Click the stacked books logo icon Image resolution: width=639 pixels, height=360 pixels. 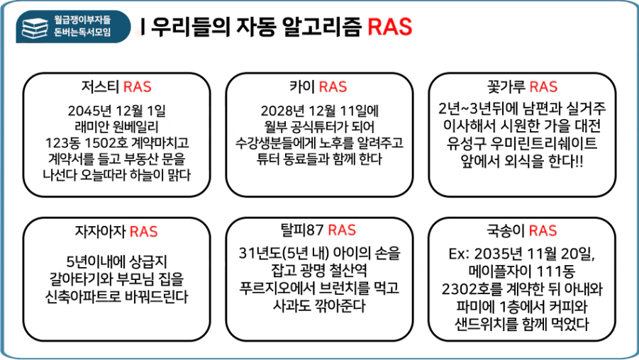[35, 28]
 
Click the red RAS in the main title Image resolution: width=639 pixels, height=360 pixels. [390, 27]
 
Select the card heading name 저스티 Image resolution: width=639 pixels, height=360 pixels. [100, 86]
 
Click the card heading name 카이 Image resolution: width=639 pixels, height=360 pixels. [301, 86]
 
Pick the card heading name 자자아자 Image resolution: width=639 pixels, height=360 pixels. [100, 231]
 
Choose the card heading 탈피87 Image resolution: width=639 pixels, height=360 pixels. [301, 230]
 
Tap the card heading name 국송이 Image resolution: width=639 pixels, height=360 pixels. [506, 230]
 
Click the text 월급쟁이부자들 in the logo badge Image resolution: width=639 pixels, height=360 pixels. [82, 20]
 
